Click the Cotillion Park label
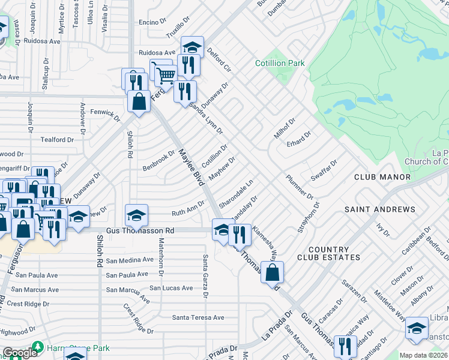tap(280, 63)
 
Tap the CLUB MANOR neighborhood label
tap(382, 177)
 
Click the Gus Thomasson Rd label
tap(140, 230)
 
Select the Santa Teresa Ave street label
tap(198, 317)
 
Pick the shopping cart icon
tap(166, 74)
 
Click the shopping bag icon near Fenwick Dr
tap(139, 101)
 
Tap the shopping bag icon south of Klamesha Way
tap(272, 272)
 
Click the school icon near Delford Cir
tap(192, 47)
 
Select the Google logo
tap(20, 353)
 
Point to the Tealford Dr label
tap(57, 140)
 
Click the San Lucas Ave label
tap(171, 288)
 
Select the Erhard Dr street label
tap(299, 139)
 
